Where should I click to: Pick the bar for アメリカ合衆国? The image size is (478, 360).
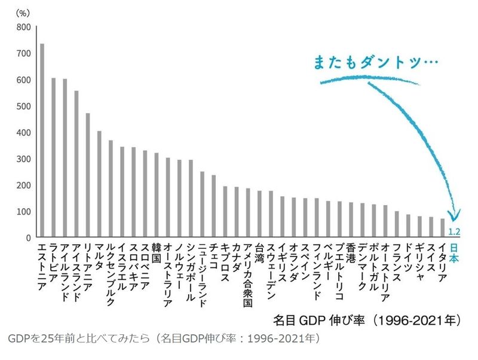pos(247,213)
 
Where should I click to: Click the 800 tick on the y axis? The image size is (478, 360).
pos(23,27)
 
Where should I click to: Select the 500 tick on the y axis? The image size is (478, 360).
pos(23,106)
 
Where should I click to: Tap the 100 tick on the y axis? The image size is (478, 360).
pos(23,212)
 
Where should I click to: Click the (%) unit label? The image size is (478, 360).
pos(22,11)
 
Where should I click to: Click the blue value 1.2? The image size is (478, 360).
pos(454,231)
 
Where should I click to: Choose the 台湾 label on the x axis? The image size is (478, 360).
pos(259,254)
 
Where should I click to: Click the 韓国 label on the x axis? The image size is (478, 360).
pos(156,254)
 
